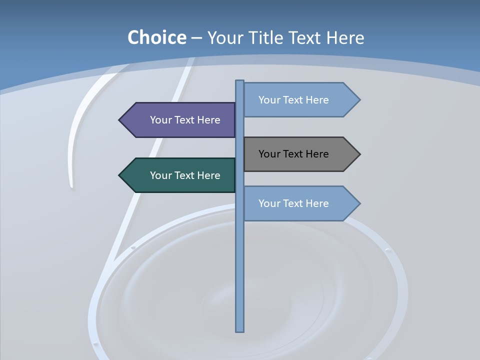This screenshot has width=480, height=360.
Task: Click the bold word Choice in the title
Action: [156, 37]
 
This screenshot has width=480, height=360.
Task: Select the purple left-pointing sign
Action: [180, 120]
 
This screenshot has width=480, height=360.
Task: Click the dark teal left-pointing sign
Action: [180, 175]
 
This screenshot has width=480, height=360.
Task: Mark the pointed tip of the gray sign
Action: [358, 154]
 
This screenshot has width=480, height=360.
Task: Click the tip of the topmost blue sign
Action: [358, 100]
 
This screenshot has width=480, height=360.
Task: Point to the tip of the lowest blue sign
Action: [358, 203]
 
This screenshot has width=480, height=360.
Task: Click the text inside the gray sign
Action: [293, 154]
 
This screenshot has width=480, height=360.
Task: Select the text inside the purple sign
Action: [185, 120]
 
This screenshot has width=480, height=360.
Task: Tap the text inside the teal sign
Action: [185, 175]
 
